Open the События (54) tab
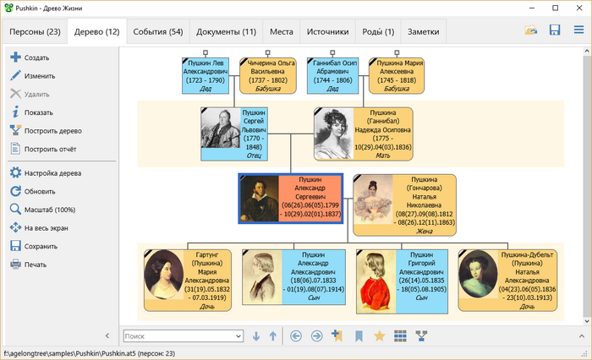click(x=158, y=32)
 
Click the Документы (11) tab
click(x=226, y=32)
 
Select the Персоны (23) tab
click(x=35, y=32)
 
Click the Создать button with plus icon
click(x=30, y=57)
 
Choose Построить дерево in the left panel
click(x=46, y=131)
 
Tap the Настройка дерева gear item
click(x=46, y=173)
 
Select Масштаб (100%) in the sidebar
click(x=43, y=210)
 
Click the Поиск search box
click(x=184, y=335)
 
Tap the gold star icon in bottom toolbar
click(x=380, y=335)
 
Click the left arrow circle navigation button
click(x=296, y=335)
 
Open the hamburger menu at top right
click(x=578, y=30)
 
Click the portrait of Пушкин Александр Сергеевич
click(x=260, y=199)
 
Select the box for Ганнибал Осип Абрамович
click(x=332, y=75)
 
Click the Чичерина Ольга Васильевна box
click(x=268, y=75)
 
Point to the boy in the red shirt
click(x=376, y=281)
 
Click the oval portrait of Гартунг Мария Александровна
click(x=164, y=275)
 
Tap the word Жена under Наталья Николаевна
click(x=425, y=232)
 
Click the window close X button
click(x=579, y=8)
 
